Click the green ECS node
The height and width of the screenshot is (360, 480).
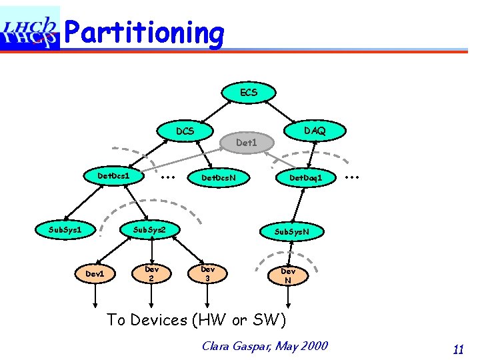[248, 92]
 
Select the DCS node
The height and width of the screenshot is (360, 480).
[185, 131]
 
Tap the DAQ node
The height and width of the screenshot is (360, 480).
[315, 131]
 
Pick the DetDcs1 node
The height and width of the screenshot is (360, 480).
[113, 176]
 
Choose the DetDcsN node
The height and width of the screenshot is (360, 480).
[218, 178]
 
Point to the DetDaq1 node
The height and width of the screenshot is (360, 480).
[305, 178]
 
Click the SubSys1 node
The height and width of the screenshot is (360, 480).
[65, 230]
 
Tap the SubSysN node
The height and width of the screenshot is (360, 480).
[291, 231]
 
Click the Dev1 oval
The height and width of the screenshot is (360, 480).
[94, 273]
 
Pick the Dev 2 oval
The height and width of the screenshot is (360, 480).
[151, 273]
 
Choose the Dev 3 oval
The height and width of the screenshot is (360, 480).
[207, 273]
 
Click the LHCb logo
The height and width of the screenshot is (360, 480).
[30, 28]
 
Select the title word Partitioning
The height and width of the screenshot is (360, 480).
[145, 31]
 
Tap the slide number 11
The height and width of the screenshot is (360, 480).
[458, 349]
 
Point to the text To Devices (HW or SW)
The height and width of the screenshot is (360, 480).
[196, 320]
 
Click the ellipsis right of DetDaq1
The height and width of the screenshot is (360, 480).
[352, 177]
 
